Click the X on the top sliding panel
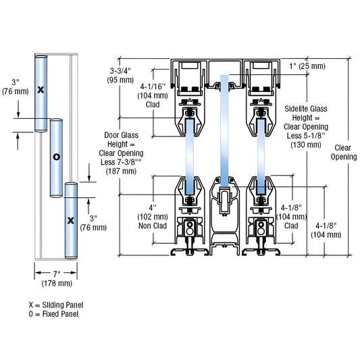41,90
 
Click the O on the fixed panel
57,157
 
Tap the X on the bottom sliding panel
71,220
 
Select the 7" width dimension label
57,274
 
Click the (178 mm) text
57,283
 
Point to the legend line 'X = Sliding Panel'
56,305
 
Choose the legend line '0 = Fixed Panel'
53,314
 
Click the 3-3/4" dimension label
120,71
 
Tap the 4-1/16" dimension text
153,86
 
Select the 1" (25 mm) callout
307,66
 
